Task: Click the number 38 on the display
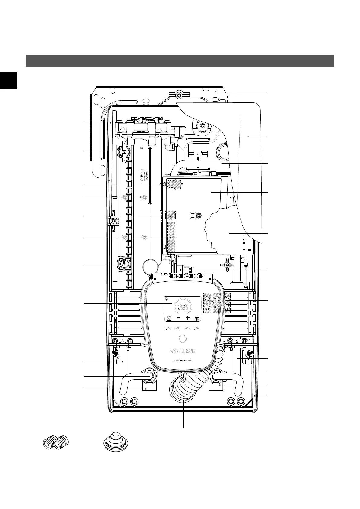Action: (183, 307)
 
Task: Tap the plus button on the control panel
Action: (188, 318)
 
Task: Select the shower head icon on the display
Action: (197, 318)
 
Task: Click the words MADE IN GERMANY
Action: (183, 361)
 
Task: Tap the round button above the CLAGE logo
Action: (183, 339)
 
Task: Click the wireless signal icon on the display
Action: (167, 299)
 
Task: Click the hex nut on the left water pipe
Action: (149, 376)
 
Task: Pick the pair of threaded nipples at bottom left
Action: (56, 443)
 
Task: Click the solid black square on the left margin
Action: (8, 80)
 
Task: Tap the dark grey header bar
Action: (180, 60)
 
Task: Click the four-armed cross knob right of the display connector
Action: (227, 265)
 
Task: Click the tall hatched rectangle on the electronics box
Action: (171, 238)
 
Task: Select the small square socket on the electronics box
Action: (192, 215)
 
